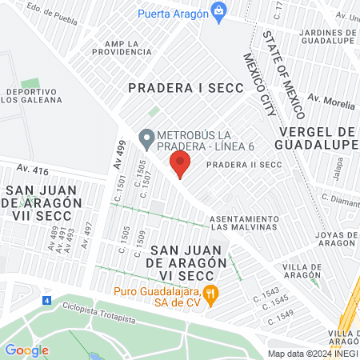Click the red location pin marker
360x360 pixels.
coord(179,166)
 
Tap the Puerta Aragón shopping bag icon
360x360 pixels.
coord(218,13)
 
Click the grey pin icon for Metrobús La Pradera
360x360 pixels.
coord(146,139)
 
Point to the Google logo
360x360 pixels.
coord(26,350)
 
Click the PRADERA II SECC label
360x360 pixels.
coord(245,165)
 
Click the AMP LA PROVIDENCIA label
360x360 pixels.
coord(127,47)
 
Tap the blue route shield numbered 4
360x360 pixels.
coord(46,301)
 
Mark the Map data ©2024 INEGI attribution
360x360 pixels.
coord(312,353)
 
